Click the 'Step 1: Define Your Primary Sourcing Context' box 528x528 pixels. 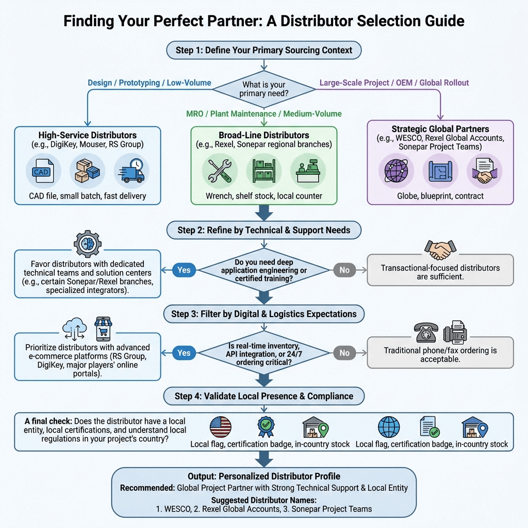[x=264, y=50]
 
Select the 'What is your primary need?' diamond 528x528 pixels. [x=263, y=88]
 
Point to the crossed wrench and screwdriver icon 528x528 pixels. [x=220, y=172]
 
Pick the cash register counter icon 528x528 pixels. [x=308, y=172]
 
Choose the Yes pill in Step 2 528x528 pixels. [x=184, y=270]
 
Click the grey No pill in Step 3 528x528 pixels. [x=344, y=353]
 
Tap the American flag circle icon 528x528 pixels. [x=221, y=427]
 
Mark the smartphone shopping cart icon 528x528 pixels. [x=104, y=329]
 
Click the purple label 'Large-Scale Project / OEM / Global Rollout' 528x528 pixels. [x=394, y=82]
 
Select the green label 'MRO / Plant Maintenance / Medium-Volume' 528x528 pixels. [x=263, y=113]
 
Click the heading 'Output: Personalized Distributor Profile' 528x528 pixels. [x=263, y=476]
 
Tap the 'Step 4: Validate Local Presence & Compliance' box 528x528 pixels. [x=263, y=396]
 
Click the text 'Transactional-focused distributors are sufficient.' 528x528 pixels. [x=440, y=272]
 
